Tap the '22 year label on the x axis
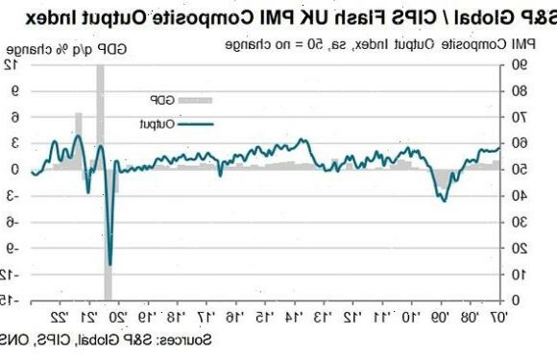58,317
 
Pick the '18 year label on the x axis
174,317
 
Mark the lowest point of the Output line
110,264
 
